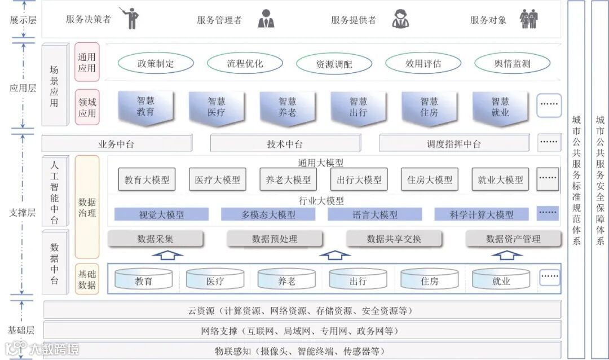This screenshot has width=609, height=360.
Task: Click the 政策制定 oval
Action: [156, 63]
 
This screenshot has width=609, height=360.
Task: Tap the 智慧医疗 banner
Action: [217, 107]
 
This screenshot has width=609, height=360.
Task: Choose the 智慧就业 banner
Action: [500, 107]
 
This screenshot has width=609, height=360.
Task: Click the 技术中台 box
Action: [285, 143]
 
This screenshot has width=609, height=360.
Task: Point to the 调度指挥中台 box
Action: [454, 143]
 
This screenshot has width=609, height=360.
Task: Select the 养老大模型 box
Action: [288, 180]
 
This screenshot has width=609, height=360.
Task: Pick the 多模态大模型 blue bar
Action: [268, 214]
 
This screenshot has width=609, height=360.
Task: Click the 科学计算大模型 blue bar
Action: [482, 214]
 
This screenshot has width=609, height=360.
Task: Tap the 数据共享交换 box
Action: [394, 239]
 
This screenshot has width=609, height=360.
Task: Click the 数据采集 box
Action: [155, 239]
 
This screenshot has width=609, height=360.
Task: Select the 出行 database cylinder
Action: [358, 279]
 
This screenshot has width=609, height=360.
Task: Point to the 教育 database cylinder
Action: [143, 279]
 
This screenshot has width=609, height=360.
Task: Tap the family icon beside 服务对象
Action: [528, 19]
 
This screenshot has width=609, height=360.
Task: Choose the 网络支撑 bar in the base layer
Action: [302, 331]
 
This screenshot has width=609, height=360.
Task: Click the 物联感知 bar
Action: [302, 351]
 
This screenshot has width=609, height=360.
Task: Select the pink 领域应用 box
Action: [87, 107]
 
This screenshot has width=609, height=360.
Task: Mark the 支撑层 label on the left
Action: [23, 213]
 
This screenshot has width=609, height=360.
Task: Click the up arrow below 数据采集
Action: [167, 255]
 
